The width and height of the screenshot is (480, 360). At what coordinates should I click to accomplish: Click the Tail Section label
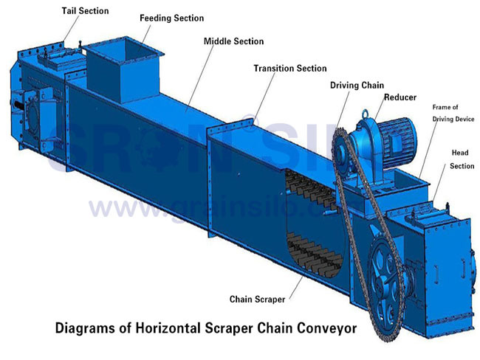85,11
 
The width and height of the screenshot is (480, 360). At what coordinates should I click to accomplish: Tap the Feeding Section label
172,18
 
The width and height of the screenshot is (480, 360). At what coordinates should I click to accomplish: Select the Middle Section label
233,41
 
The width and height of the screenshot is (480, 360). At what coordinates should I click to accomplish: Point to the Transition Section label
290,68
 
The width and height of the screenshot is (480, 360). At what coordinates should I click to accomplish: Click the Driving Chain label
357,85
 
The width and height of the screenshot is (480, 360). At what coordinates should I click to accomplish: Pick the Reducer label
400,97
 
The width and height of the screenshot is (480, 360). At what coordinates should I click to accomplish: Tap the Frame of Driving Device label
453,113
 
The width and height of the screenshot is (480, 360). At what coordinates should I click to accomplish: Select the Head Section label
462,159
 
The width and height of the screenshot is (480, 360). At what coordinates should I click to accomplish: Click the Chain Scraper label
257,299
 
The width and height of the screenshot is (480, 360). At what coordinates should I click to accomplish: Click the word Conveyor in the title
327,328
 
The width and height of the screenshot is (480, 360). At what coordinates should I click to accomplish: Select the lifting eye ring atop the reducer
366,114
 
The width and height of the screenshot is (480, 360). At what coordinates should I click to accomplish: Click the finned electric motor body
397,142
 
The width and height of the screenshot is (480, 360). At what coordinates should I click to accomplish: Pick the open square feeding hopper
123,70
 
